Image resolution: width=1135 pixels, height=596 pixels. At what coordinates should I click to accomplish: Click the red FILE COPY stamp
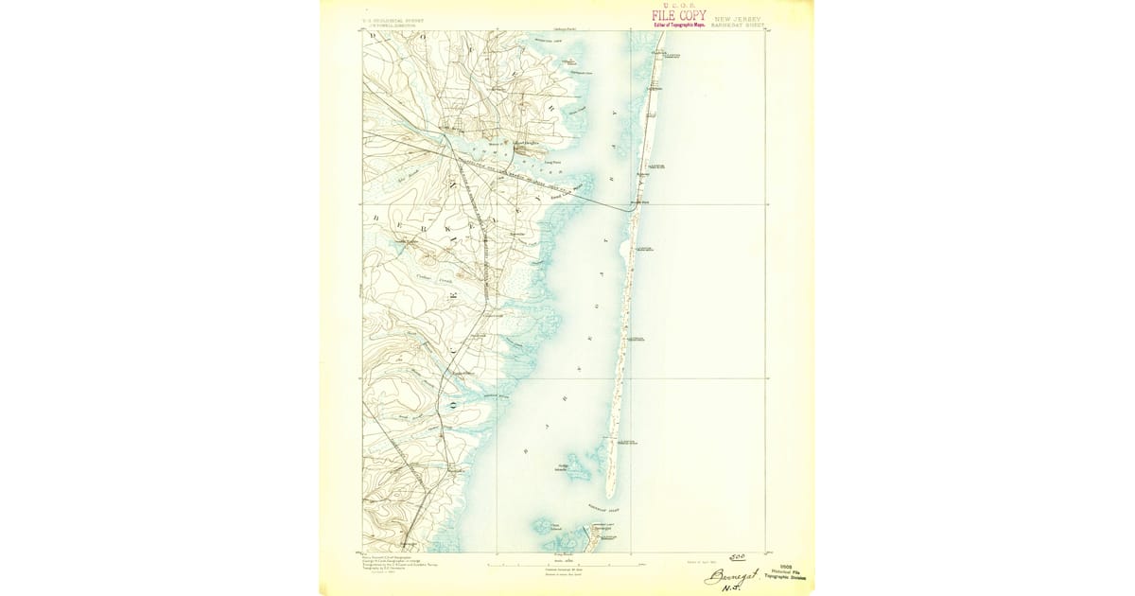[678, 16]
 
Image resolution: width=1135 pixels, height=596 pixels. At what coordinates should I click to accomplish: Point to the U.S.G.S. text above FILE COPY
[678, 5]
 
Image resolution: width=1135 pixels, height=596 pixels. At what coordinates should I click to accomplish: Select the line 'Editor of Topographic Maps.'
[678, 26]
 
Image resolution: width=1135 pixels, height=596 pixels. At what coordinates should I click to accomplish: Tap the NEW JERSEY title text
[738, 18]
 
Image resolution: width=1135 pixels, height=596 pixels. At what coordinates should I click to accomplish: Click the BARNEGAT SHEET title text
[739, 26]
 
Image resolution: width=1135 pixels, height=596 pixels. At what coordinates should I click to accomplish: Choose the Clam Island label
[556, 527]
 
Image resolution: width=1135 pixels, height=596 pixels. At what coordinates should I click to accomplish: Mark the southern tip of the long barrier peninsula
[610, 496]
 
